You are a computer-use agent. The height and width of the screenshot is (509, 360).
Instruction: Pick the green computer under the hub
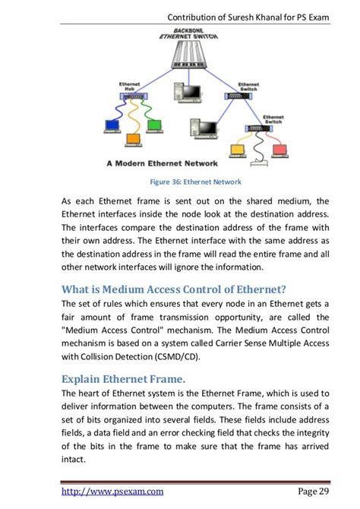(x=155, y=125)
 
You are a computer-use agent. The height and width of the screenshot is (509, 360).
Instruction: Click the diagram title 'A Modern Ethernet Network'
(x=161, y=163)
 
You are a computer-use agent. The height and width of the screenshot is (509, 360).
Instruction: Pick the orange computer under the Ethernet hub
(x=132, y=140)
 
